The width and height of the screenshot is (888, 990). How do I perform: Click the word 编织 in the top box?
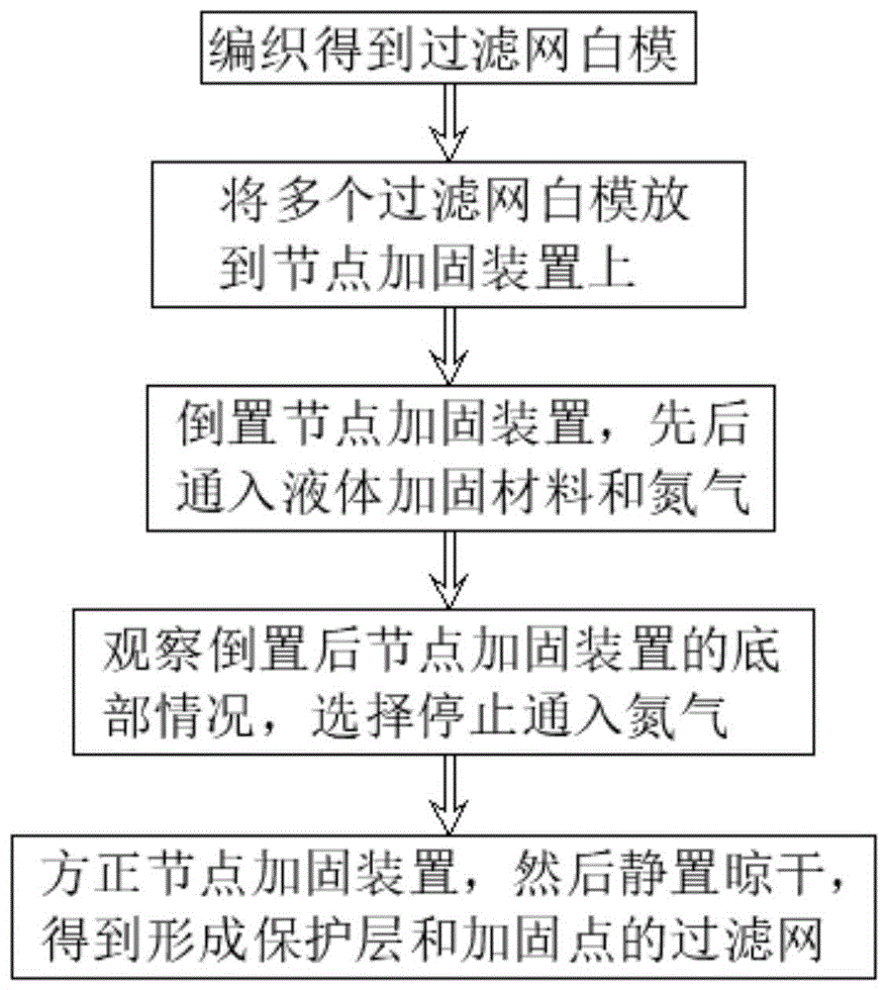259,49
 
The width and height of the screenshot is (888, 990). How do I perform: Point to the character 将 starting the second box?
244,201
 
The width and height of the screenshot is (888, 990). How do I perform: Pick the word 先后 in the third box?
700,424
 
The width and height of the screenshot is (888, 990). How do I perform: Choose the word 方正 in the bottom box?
92,873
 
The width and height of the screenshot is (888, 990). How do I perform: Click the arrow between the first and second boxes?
449,122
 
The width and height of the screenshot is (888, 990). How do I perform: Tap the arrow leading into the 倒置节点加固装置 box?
449,346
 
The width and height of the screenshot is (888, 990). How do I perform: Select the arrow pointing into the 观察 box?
449,570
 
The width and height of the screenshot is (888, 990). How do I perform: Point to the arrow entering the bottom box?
449,795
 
